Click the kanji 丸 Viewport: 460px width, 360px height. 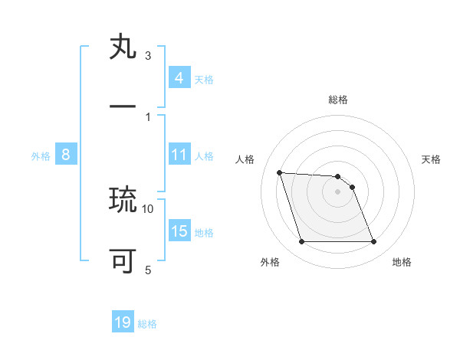coord(123,47)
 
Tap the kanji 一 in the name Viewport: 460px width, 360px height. coord(123,108)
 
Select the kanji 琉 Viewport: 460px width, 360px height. coord(123,200)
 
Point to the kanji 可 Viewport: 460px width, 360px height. coord(123,261)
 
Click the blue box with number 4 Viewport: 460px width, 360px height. coord(179,77)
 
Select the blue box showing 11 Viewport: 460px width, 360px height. coord(179,155)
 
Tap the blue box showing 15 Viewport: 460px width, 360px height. coord(179,231)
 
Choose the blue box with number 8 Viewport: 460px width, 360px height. coord(65,155)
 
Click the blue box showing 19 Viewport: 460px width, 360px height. coord(123,322)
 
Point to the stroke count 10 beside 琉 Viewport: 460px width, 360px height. coord(148,208)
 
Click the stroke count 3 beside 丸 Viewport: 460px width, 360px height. coord(148,56)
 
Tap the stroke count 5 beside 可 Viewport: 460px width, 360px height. coord(148,270)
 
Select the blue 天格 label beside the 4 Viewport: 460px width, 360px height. coord(204,79)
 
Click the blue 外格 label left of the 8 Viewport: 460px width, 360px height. coord(41,155)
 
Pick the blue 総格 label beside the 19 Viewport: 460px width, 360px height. coord(147,324)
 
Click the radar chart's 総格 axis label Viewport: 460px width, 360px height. coord(338,100)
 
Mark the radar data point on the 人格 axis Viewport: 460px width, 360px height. coord(279,172)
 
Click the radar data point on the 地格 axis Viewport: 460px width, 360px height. coord(373,242)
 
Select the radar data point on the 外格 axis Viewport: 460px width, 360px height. coord(301,242)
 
